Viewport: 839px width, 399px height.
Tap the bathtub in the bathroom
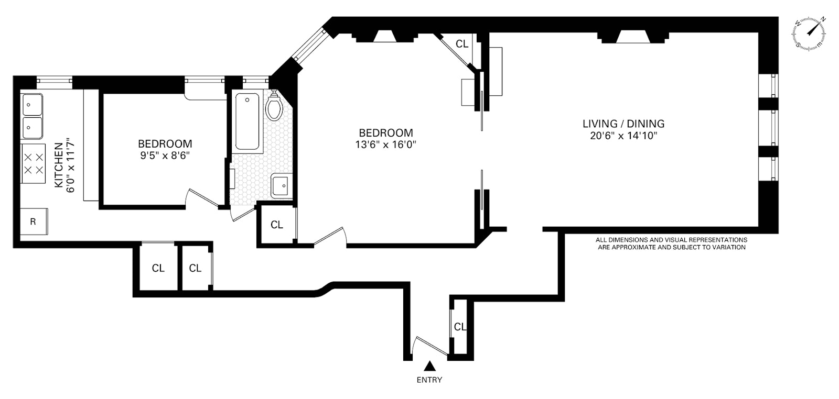coord(247,122)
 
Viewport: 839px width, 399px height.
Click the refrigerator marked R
coord(34,221)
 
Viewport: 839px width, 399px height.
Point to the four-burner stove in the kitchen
coord(33,163)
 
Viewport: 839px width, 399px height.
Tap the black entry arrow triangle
coord(430,365)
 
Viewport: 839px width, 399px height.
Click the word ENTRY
coord(429,380)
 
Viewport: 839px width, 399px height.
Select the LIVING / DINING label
coord(623,124)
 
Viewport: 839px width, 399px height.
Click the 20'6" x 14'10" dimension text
coord(623,136)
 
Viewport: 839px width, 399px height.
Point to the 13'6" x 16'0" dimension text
coord(386,145)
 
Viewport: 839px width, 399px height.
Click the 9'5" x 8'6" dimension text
coord(165,156)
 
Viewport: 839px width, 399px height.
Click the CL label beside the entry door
coord(460,327)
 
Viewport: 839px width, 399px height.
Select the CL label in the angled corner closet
coord(462,44)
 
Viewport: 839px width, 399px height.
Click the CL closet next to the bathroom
coord(277,225)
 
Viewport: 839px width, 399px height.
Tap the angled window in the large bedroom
coord(309,45)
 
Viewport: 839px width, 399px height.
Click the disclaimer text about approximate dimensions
coord(671,243)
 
